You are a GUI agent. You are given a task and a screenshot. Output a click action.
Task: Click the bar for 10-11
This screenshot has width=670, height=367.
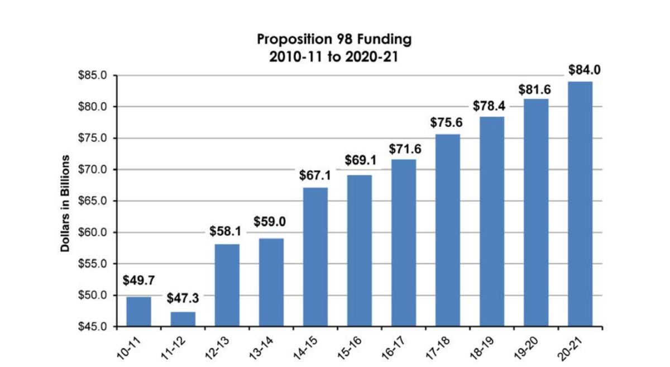(x=138, y=311)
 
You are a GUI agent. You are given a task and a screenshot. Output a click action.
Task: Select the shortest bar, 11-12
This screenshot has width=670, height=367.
(x=183, y=319)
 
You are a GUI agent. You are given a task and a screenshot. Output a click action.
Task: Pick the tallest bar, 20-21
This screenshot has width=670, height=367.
(x=580, y=204)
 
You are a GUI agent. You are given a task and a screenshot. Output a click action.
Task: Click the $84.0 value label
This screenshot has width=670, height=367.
(x=581, y=70)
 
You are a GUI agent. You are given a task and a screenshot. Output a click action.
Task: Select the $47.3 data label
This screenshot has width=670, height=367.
(x=183, y=298)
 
